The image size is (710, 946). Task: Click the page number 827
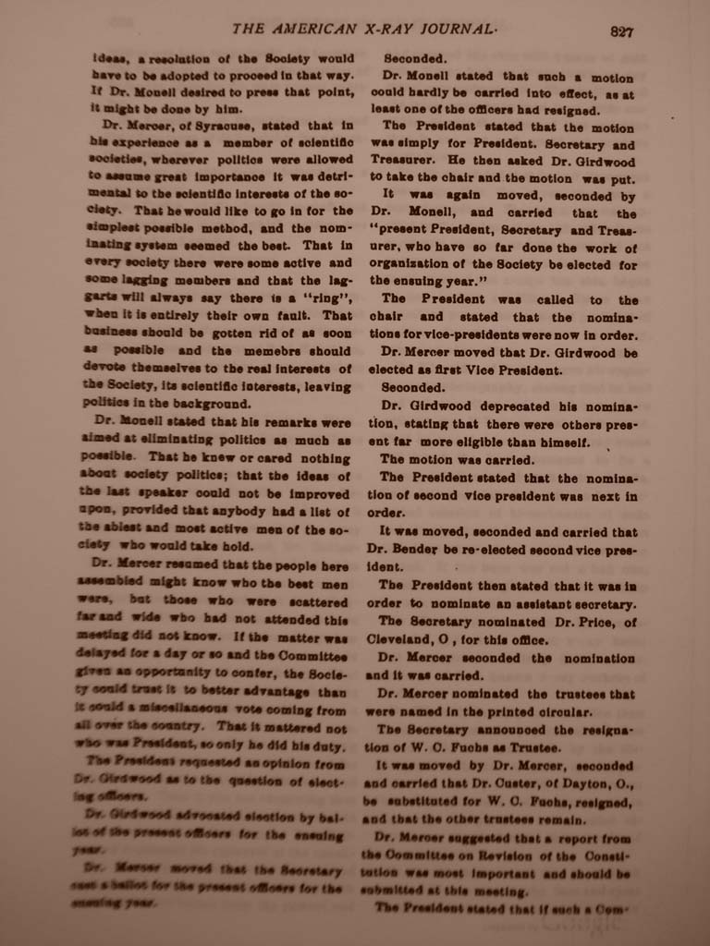pos(621,31)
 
